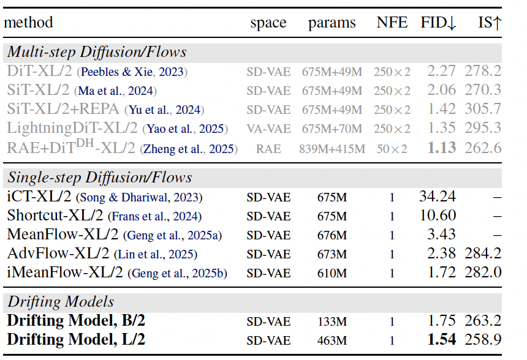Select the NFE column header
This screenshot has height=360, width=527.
[x=392, y=23]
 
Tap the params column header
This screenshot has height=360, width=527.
[x=332, y=23]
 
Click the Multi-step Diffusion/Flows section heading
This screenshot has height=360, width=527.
[x=97, y=52]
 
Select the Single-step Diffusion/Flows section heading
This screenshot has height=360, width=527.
[x=100, y=178]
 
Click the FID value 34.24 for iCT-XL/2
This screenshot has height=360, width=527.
[x=438, y=197]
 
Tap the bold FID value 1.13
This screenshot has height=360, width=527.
[x=443, y=148]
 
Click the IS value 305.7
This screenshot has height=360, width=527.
[x=483, y=110]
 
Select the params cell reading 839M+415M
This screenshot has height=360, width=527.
[x=332, y=148]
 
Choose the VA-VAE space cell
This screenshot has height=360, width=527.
[x=268, y=129]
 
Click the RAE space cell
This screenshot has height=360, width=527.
[x=268, y=148]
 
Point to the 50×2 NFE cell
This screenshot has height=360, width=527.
[x=392, y=148]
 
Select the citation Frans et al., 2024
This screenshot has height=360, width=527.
[x=154, y=216]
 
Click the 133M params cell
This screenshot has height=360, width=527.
[x=332, y=320]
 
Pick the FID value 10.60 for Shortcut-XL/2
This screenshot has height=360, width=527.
[x=438, y=216]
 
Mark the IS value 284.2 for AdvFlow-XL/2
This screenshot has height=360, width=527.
[x=483, y=253]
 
